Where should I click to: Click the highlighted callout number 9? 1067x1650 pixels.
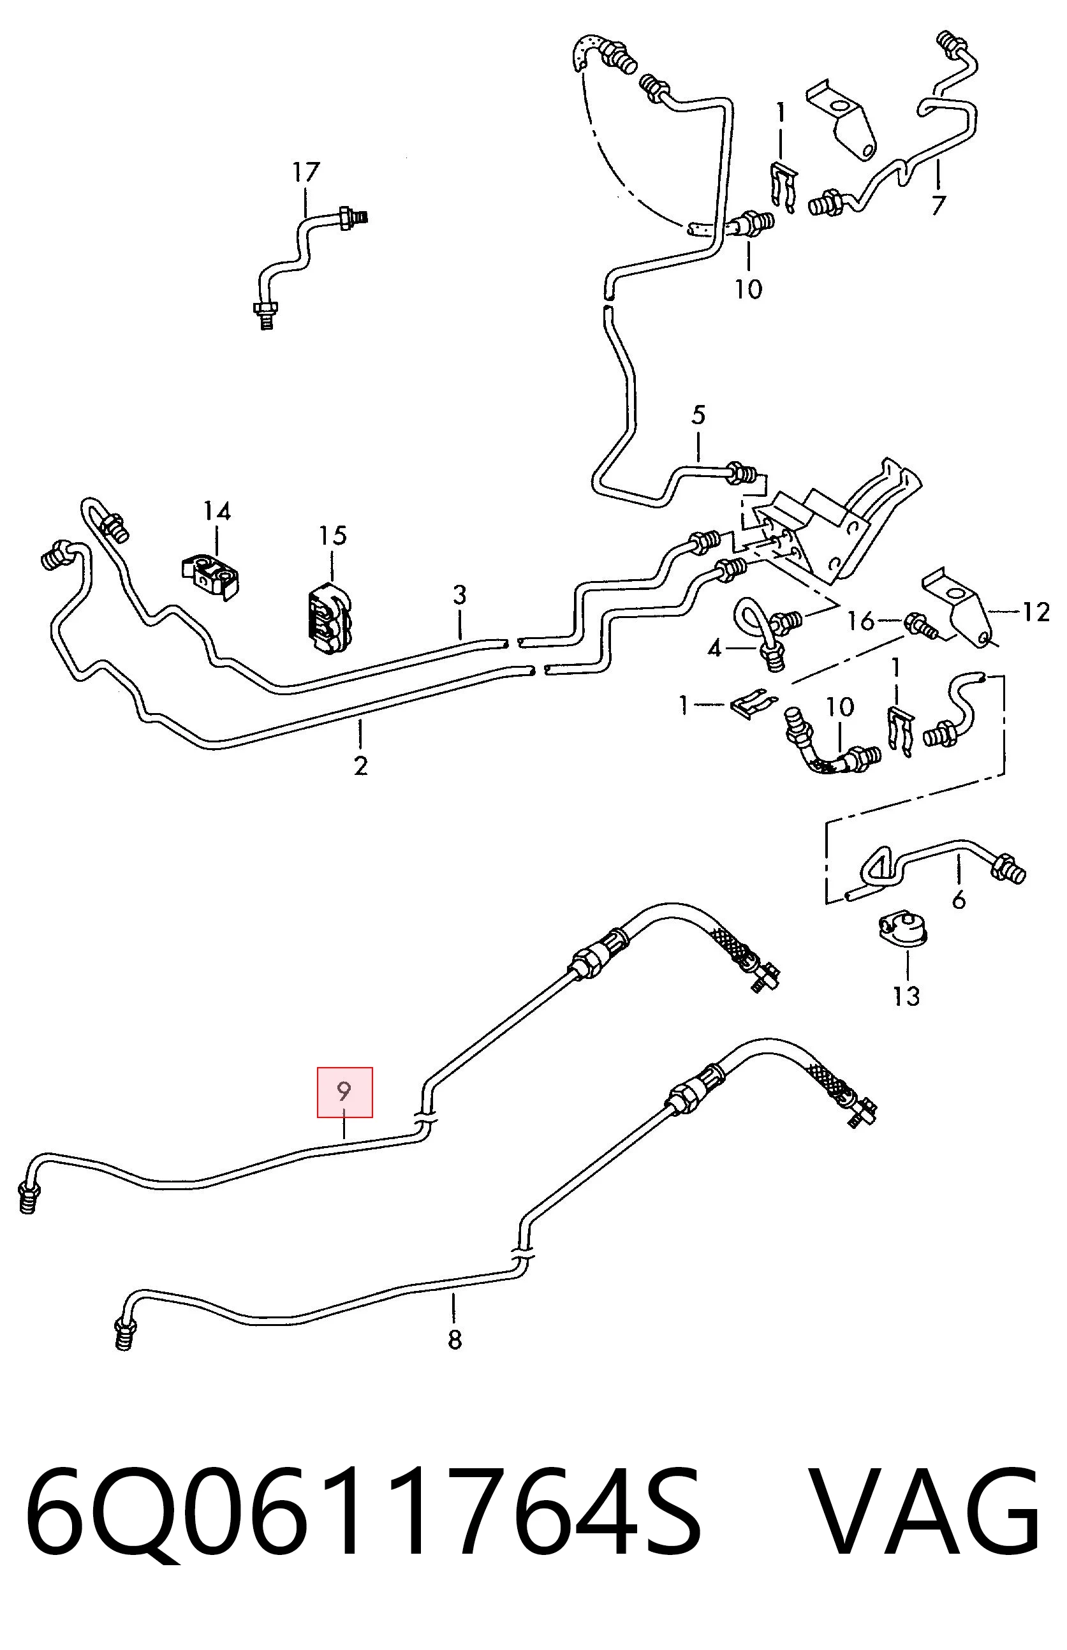344,1092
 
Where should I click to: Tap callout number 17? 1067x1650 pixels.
305,172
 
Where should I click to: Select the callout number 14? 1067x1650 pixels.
217,512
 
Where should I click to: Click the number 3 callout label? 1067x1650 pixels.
460,595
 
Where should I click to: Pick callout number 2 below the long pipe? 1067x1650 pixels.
360,765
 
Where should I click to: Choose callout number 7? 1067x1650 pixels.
938,205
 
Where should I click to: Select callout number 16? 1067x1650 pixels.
861,621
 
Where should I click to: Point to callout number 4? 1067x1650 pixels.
714,649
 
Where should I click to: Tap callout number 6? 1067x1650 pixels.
959,900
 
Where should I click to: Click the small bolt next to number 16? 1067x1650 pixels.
921,626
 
